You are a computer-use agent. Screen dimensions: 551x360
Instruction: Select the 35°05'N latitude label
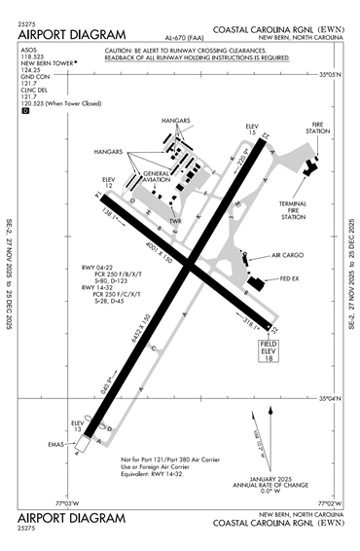[332, 74]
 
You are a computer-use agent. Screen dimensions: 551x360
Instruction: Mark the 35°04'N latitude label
[332, 398]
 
